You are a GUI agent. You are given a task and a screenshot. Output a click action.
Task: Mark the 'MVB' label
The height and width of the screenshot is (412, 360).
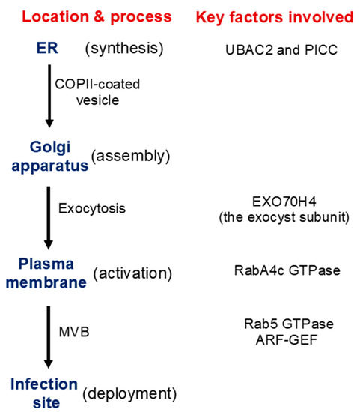click(71, 328)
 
